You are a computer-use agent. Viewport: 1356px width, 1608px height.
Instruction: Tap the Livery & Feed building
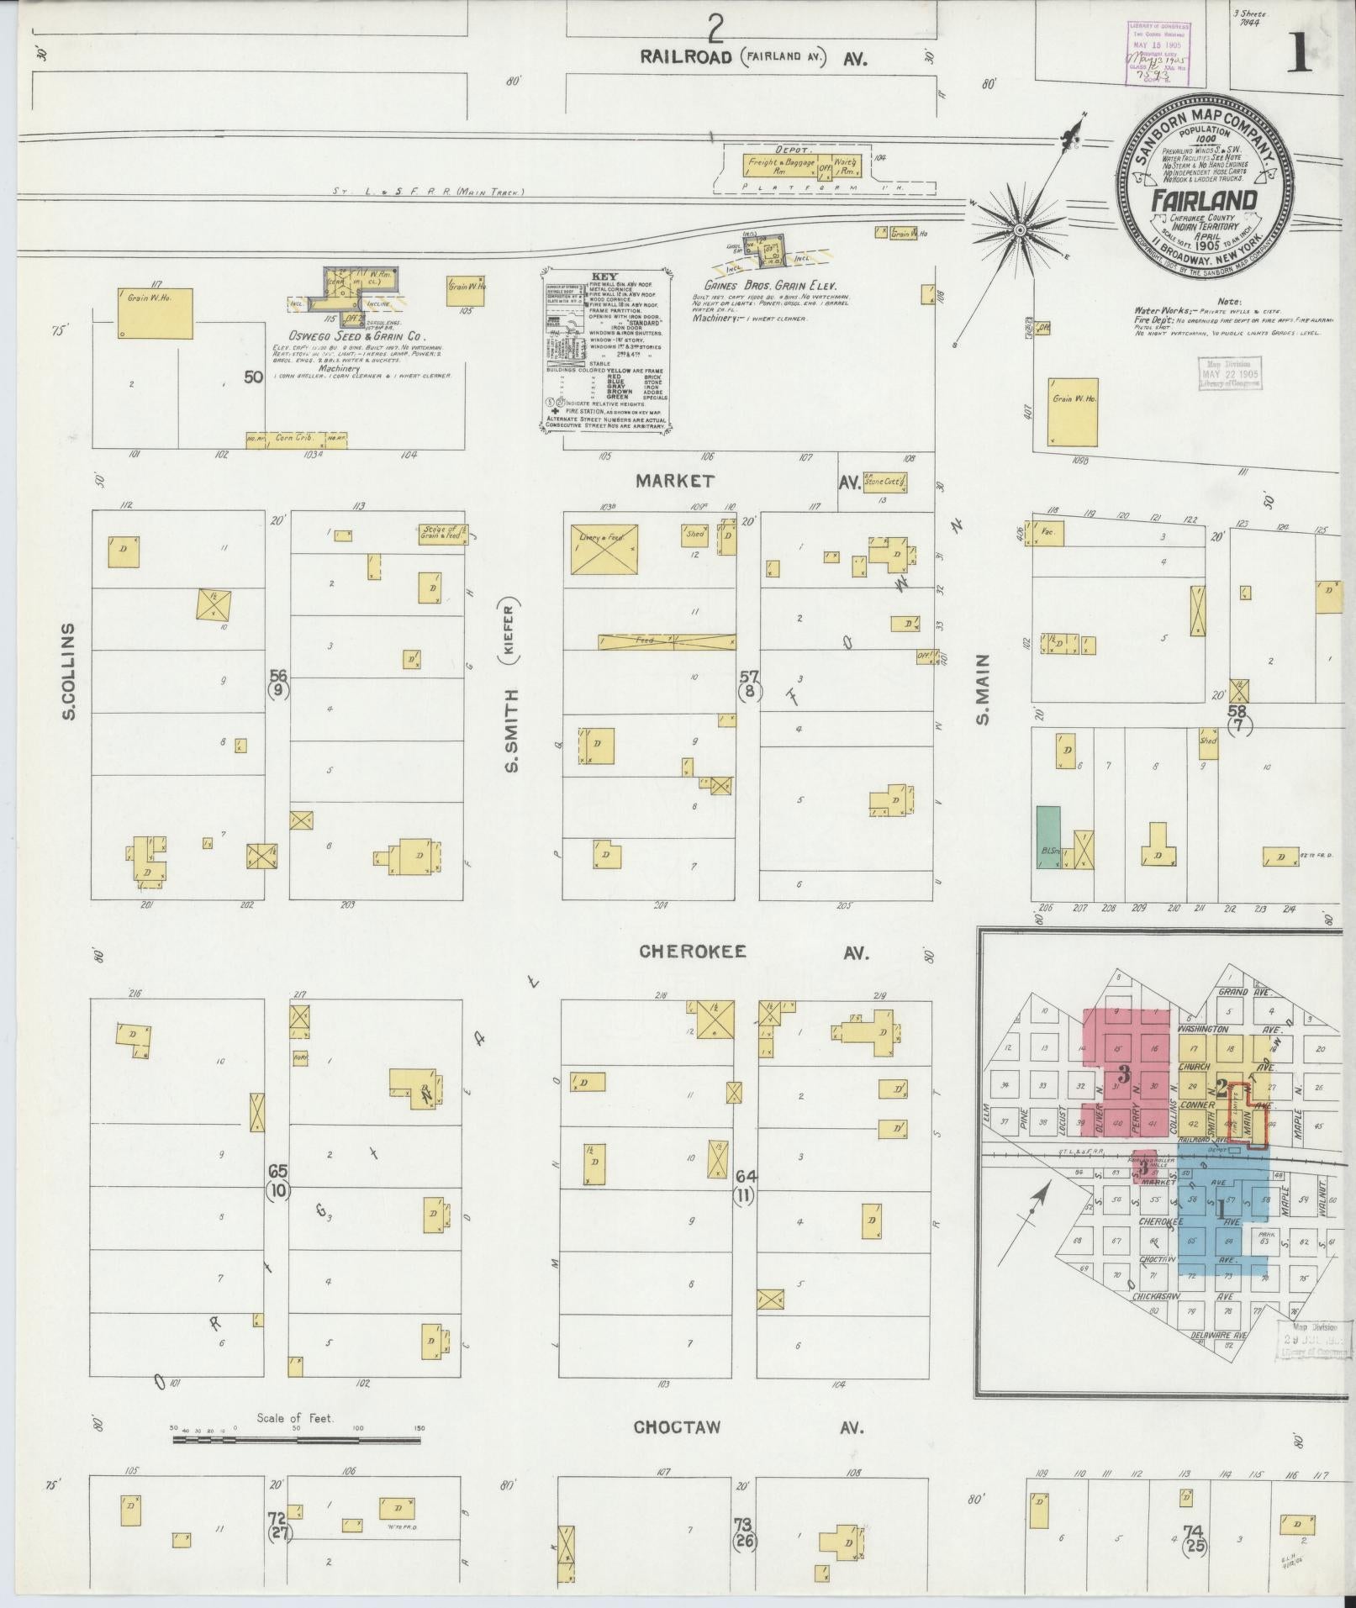[x=604, y=550]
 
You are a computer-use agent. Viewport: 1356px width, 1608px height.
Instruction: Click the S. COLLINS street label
[x=69, y=671]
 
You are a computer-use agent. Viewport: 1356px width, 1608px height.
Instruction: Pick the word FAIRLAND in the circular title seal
[x=1204, y=200]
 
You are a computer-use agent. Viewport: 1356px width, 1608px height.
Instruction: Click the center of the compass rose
[x=1019, y=229]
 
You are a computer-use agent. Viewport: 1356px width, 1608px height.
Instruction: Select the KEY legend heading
[x=604, y=276]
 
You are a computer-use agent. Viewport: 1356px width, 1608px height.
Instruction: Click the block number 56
[x=278, y=675]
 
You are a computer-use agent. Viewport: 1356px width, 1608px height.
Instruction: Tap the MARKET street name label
[x=675, y=482]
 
